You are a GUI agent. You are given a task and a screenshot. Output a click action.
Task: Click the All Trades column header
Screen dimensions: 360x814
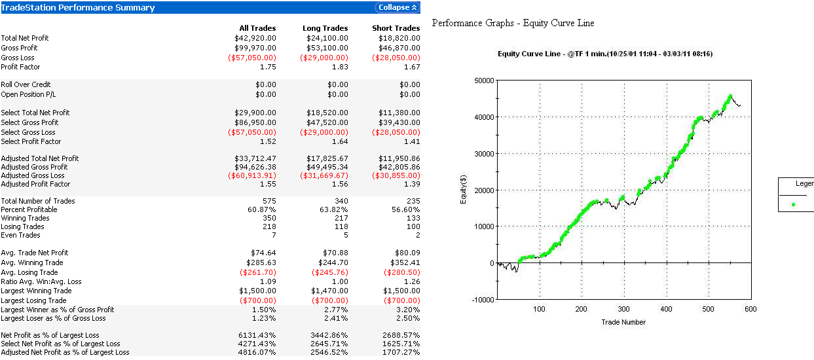257,28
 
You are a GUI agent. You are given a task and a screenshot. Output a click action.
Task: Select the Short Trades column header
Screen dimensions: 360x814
396,28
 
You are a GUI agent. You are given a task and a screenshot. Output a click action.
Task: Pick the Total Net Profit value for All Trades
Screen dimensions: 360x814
255,38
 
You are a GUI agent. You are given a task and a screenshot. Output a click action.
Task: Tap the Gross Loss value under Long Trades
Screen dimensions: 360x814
324,57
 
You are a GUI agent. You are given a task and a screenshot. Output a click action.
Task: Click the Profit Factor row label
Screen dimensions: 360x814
21,67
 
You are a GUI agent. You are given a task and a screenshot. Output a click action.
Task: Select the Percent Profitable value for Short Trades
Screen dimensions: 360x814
405,209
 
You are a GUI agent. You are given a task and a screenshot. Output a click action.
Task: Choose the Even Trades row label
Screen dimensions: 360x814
20,235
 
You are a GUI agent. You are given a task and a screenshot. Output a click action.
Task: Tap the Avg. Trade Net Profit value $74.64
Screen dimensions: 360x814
263,253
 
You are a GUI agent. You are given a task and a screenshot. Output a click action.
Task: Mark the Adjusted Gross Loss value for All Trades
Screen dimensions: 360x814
252,175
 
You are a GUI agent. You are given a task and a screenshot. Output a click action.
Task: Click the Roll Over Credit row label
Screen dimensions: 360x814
26,84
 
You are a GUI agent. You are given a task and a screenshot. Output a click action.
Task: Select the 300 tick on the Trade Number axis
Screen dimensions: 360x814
623,310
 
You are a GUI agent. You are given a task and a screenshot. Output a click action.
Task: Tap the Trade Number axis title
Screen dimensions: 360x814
623,322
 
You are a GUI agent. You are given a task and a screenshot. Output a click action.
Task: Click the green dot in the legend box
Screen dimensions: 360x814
793,204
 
